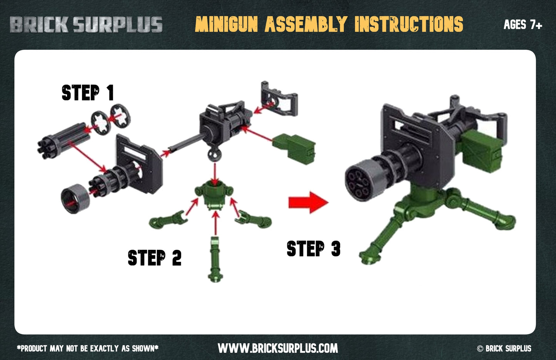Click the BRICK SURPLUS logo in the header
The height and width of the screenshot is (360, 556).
86,24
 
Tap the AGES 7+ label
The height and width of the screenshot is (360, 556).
523,25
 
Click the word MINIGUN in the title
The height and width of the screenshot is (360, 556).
226,24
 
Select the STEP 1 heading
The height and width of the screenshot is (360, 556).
88,93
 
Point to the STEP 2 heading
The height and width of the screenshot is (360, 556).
155,258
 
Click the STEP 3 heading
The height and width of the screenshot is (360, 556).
314,248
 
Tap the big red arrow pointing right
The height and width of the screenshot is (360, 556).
309,202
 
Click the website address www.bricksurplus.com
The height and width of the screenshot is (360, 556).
278,348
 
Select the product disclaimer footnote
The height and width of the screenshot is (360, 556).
88,348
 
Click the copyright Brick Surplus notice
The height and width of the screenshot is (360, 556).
504,348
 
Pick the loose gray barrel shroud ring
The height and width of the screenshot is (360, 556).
75,199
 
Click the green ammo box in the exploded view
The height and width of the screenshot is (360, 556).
294,149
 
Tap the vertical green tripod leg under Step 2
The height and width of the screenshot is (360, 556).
215,260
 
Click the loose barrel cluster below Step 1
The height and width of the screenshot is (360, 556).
63,140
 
